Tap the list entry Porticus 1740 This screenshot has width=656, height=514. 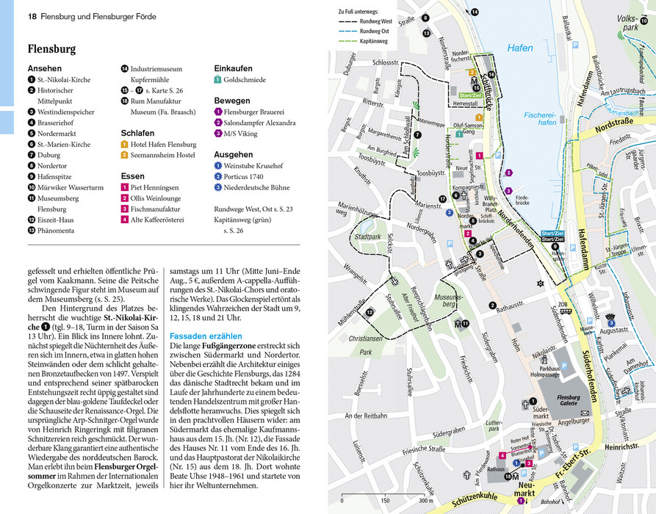click(x=247, y=176)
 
